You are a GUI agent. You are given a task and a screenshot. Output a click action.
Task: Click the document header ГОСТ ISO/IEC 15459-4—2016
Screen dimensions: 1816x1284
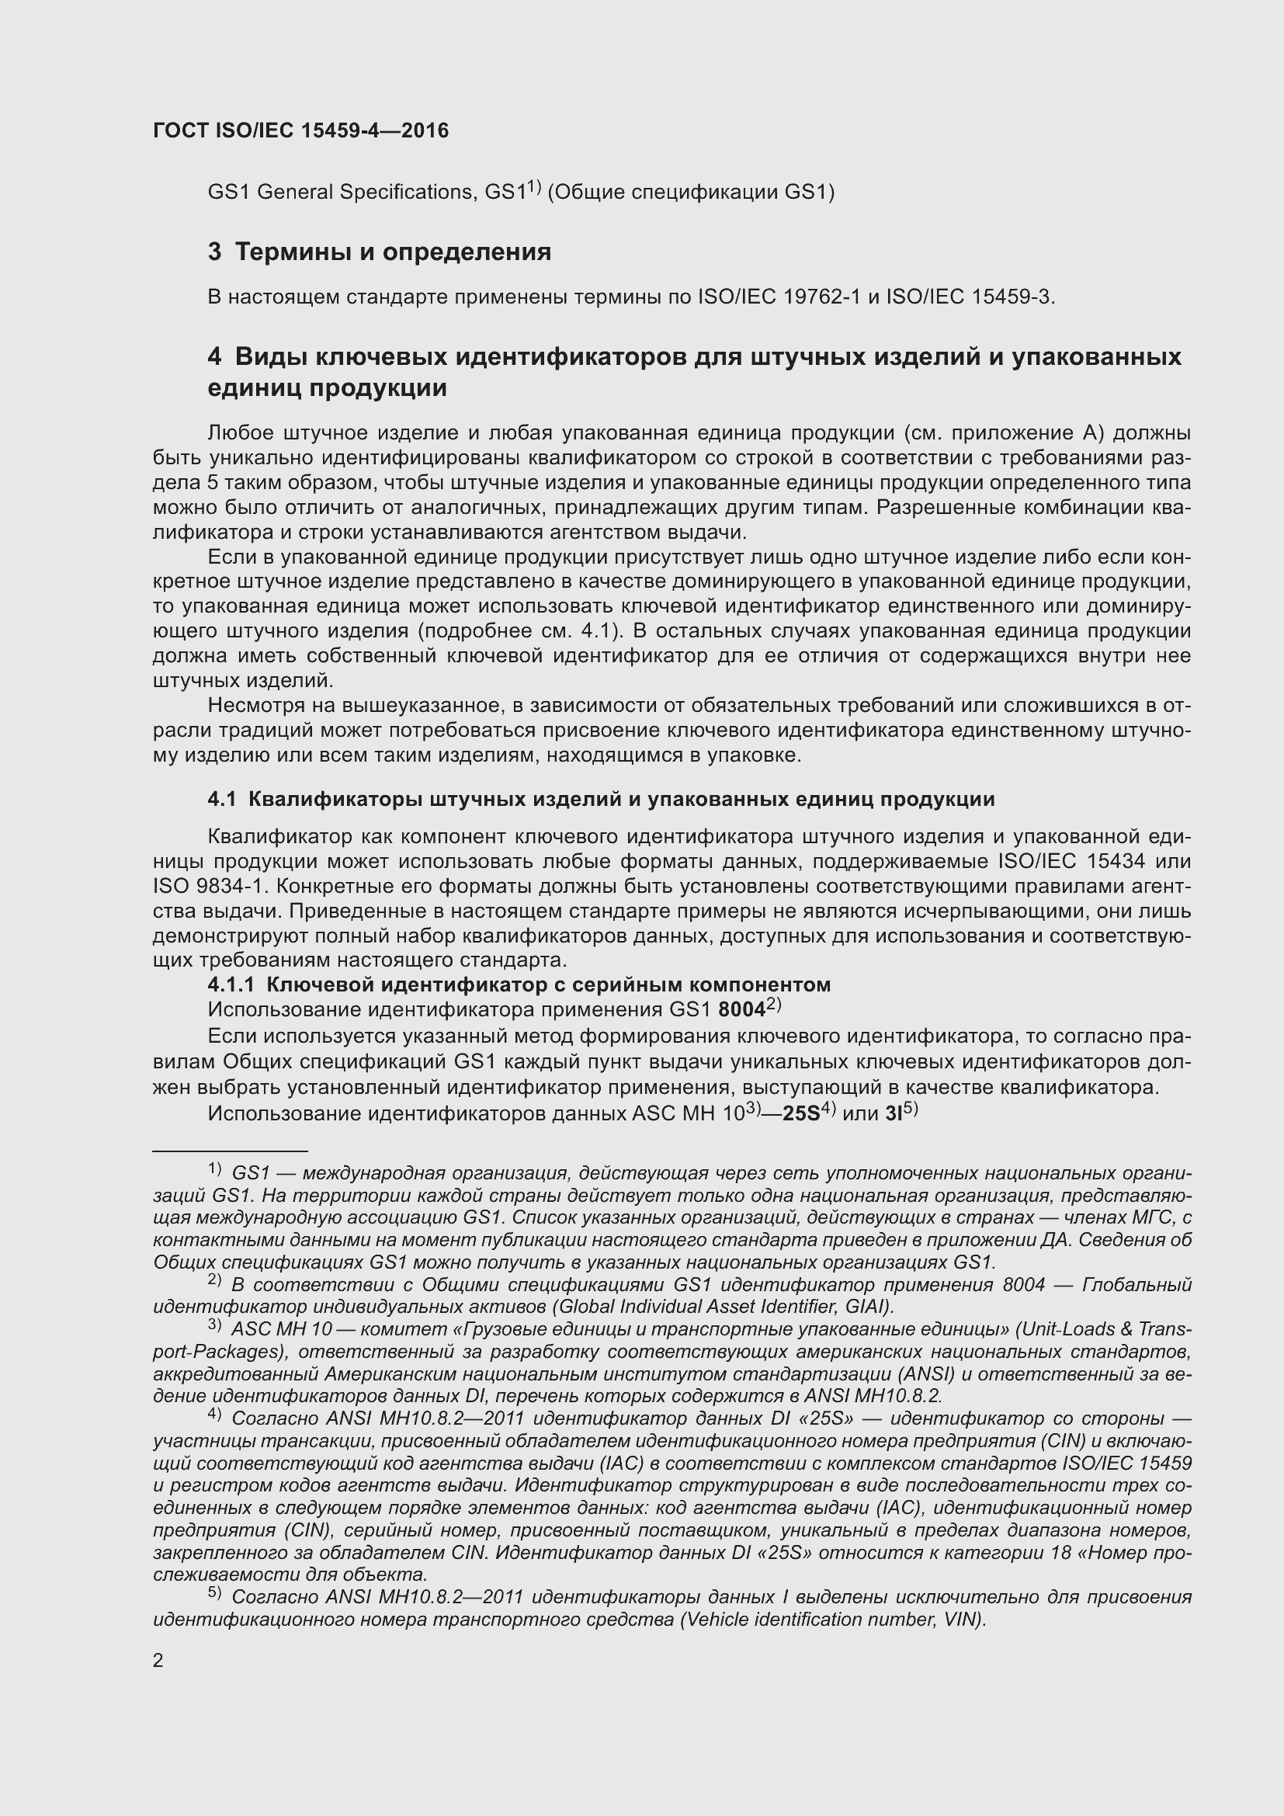coord(300,131)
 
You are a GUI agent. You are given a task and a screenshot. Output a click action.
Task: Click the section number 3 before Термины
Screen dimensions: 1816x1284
coord(214,252)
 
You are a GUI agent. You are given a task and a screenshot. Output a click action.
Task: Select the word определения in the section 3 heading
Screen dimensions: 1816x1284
coord(467,252)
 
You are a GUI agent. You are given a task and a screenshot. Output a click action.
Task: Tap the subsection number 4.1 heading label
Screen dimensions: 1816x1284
coord(221,799)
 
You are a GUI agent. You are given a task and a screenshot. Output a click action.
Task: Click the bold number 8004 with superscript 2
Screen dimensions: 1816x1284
coord(741,1010)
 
